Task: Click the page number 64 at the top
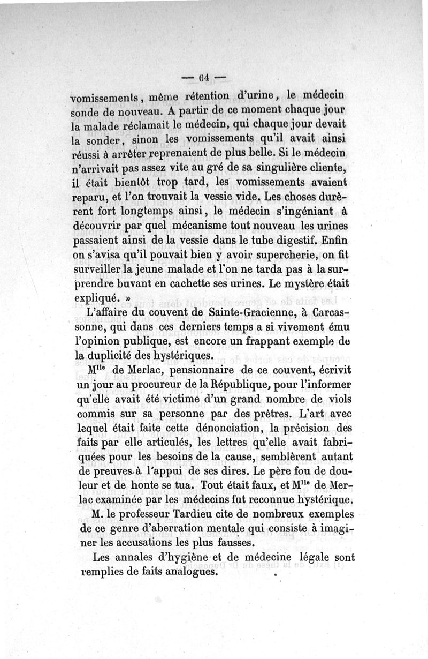[205, 76]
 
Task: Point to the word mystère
[294, 279]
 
